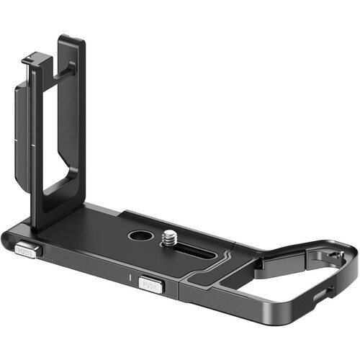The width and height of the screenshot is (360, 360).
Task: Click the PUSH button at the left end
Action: tap(27, 251)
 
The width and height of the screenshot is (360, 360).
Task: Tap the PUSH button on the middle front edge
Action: tap(151, 284)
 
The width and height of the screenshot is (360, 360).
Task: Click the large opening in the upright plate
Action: tap(60, 137)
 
